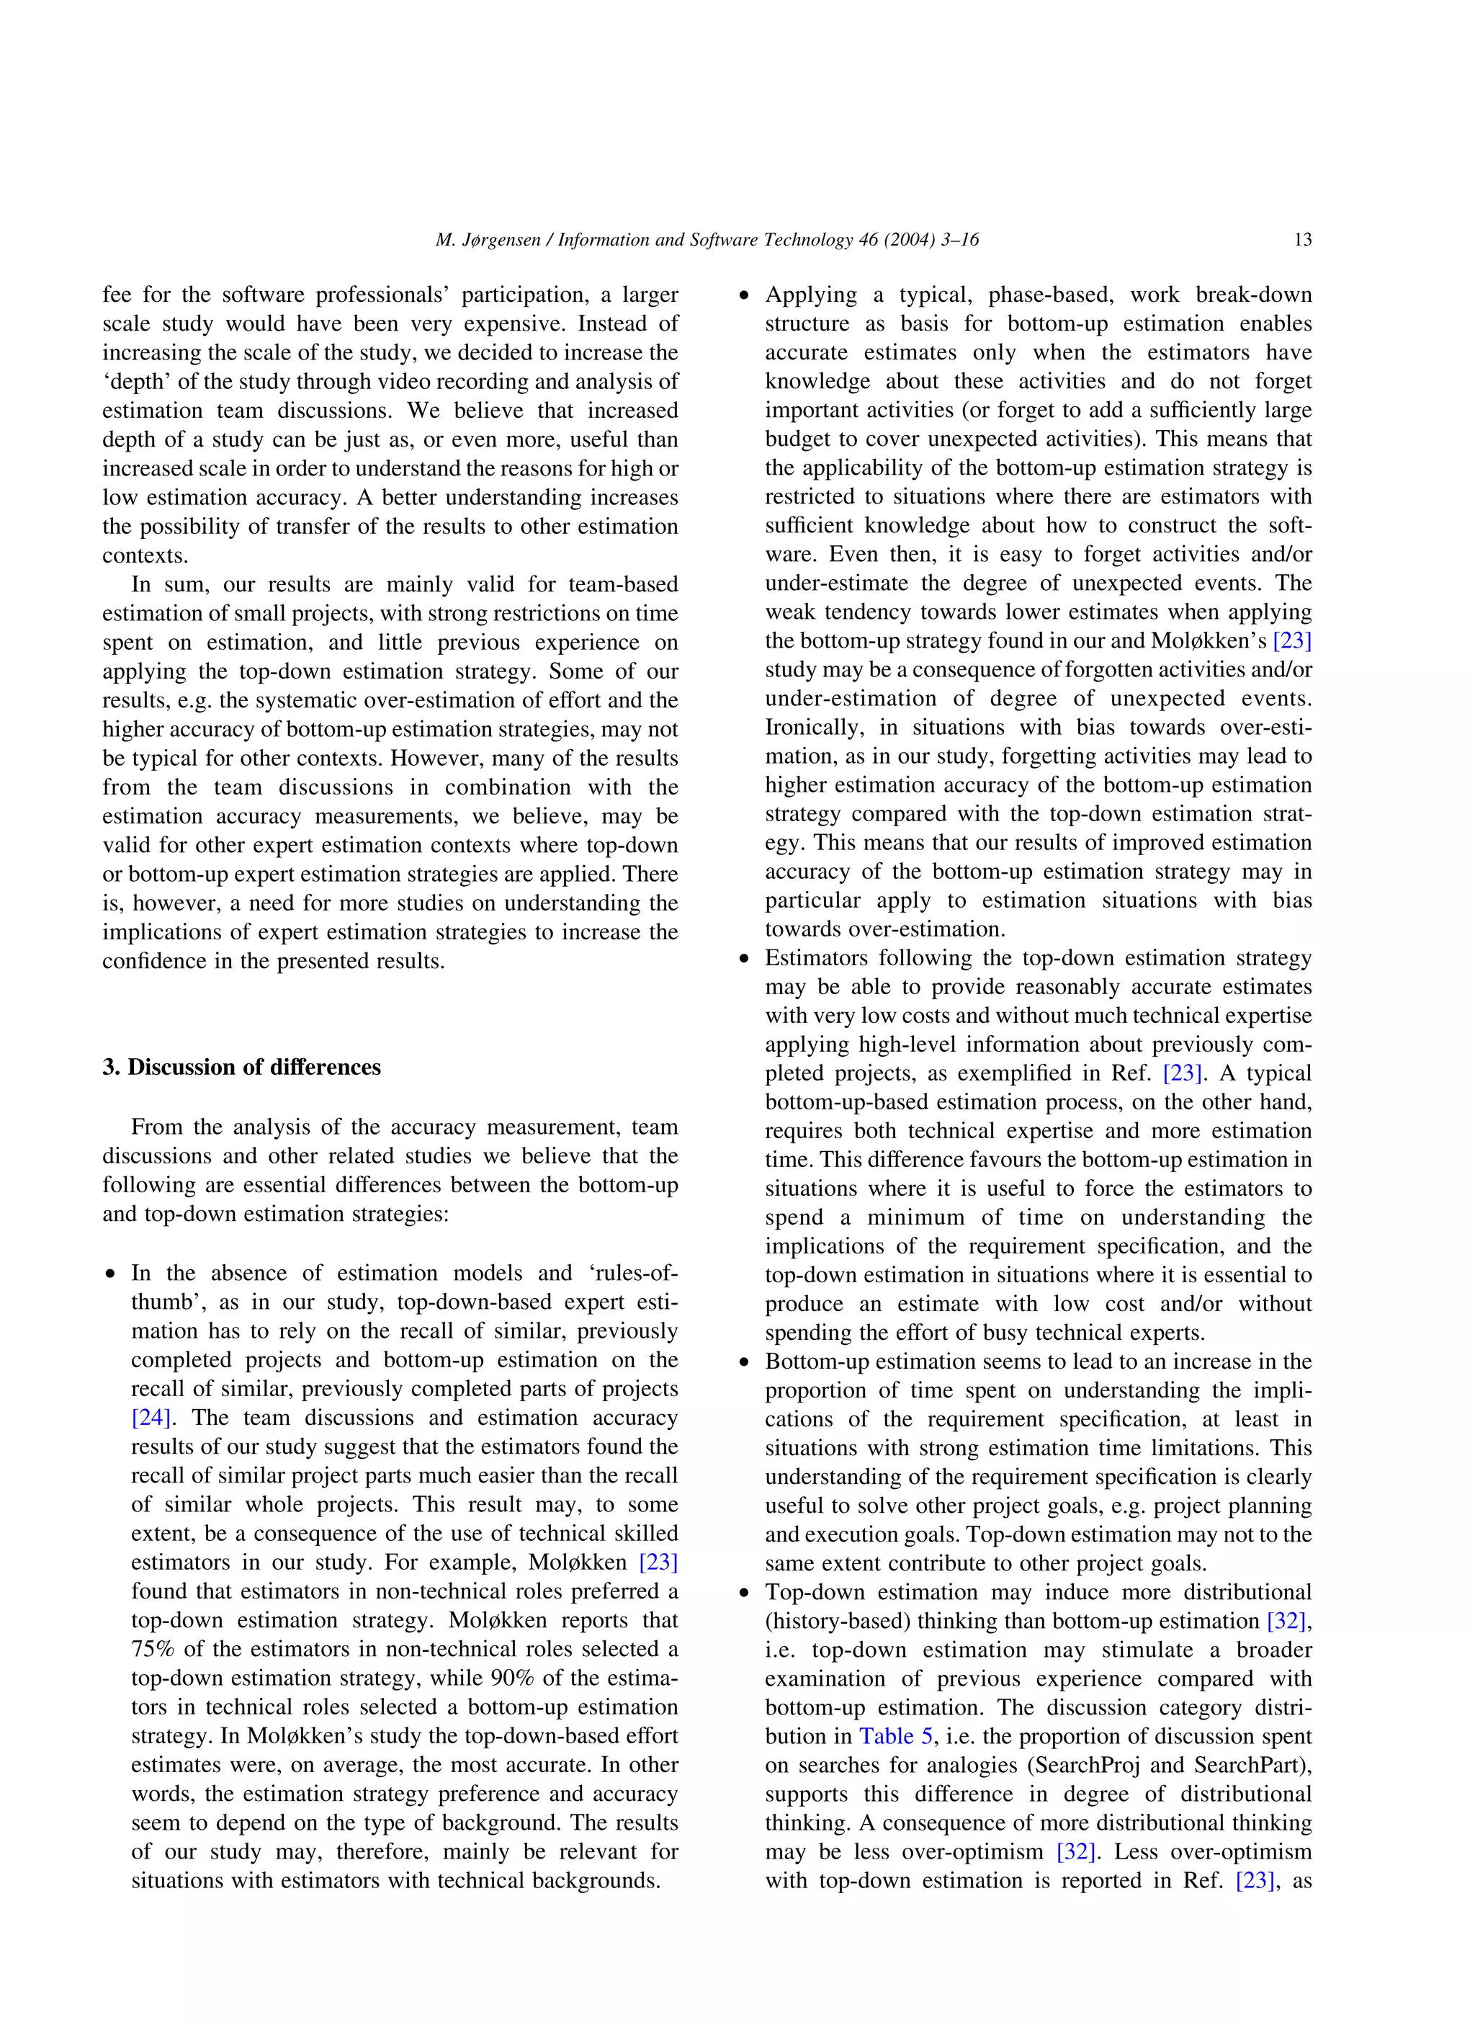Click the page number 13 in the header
[1302, 239]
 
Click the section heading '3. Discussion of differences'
[242, 1067]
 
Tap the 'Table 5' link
[895, 1736]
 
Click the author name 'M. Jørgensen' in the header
[487, 239]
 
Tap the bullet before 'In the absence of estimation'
[110, 1274]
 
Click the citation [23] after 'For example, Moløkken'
[658, 1562]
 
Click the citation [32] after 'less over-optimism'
[1076, 1852]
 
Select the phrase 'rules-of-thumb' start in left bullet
[631, 1273]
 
